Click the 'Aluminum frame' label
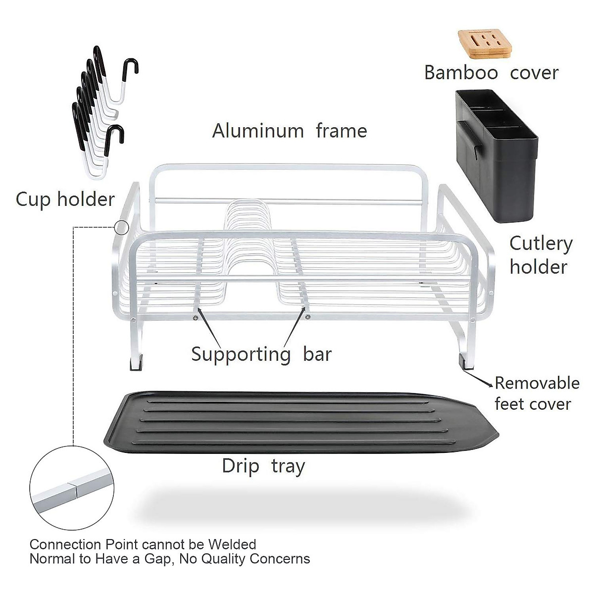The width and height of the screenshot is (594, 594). click(290, 131)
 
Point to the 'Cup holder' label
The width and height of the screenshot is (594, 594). click(65, 199)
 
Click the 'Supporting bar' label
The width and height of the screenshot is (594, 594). click(261, 355)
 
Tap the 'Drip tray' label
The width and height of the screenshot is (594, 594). click(263, 466)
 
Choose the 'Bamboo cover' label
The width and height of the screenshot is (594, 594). click(491, 73)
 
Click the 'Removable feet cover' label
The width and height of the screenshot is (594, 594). click(537, 394)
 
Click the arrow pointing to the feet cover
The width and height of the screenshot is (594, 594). click(483, 378)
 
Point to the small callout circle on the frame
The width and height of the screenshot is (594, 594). click(121, 228)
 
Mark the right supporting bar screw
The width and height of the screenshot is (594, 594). click(307, 317)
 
